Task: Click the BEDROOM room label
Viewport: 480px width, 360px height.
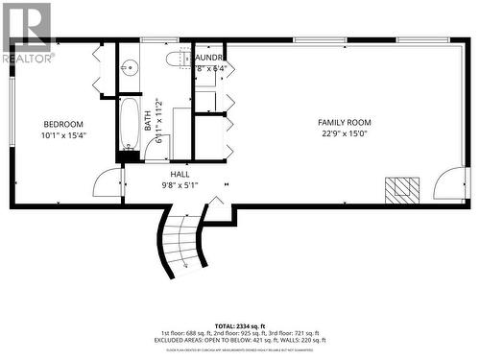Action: click(63, 125)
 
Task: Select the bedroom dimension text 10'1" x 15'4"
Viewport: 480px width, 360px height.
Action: click(63, 136)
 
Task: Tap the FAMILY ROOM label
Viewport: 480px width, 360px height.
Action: click(345, 123)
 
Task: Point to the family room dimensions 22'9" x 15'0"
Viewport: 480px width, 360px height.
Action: click(345, 134)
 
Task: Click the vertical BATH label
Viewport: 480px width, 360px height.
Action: click(149, 120)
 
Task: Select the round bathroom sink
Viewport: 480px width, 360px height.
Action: click(130, 67)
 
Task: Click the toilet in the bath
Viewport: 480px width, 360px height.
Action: click(176, 59)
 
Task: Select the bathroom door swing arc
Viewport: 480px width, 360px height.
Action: click(158, 149)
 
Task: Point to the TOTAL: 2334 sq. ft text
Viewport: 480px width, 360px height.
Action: click(241, 327)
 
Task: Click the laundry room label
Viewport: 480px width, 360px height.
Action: click(210, 58)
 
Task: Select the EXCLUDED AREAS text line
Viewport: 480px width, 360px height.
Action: click(241, 340)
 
